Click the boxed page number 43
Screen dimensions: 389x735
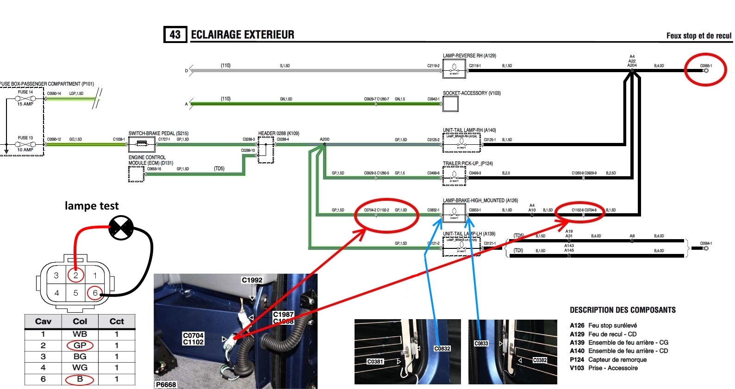coord(175,35)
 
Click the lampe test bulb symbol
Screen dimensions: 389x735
coord(121,228)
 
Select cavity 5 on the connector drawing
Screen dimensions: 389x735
coord(75,293)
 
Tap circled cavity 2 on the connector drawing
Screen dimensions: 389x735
coord(76,275)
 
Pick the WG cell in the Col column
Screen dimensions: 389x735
coord(80,368)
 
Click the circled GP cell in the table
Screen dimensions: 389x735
coord(80,346)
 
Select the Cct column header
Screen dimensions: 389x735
coord(117,321)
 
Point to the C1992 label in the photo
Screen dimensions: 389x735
coord(252,280)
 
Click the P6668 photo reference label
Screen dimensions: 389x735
coord(166,384)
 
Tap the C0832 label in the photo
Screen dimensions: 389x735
coord(442,348)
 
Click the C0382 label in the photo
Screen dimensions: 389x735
coord(540,360)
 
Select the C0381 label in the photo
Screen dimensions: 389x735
coord(375,361)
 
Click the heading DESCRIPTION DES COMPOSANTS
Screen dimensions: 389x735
coord(623,310)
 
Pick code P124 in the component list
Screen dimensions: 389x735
coord(577,359)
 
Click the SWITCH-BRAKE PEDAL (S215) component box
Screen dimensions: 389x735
coord(142,144)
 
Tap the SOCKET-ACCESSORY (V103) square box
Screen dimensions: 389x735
coord(450,104)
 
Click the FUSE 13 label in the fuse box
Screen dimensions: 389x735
coord(25,138)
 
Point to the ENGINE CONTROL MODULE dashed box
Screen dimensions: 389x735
coord(136,174)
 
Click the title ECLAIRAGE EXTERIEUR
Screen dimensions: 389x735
coord(243,35)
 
